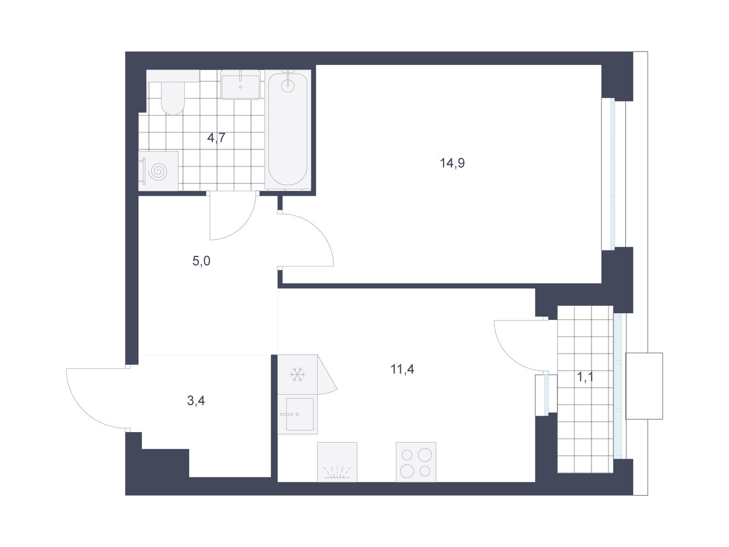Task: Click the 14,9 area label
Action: [x=452, y=163]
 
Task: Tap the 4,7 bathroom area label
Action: [x=216, y=137]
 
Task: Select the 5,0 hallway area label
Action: [x=201, y=261]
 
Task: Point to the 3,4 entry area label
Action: [x=196, y=401]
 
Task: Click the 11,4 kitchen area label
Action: [x=402, y=369]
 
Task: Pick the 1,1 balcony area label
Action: [x=585, y=377]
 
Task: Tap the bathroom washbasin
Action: [x=241, y=85]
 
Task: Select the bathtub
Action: [x=287, y=130]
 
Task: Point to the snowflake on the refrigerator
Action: [x=297, y=375]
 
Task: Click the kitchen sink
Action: [x=298, y=414]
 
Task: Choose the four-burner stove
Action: [x=416, y=462]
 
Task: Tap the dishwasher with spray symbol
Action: [x=337, y=462]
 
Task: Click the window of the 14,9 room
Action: [x=612, y=174]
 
